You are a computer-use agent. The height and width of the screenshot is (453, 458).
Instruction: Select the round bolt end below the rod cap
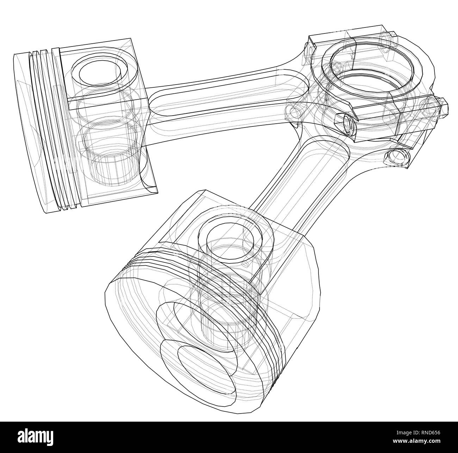click(398, 157)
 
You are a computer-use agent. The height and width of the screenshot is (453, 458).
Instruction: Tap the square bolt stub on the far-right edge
click(442, 106)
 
